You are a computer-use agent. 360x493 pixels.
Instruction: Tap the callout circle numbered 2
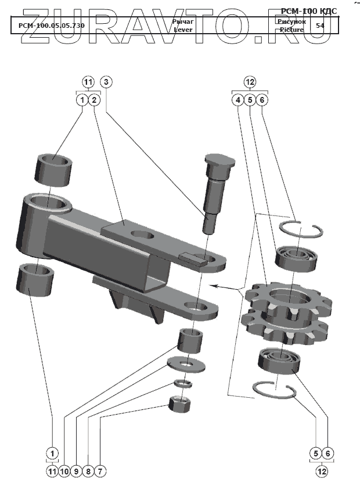pos(95,100)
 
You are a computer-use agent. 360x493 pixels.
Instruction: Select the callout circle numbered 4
pos(237,100)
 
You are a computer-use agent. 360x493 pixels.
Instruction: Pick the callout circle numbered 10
pos(64,472)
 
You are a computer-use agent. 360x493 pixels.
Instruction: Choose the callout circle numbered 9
pos(76,472)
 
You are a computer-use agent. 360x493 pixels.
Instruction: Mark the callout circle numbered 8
pos(88,472)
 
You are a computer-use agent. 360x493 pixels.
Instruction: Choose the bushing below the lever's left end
pos(36,279)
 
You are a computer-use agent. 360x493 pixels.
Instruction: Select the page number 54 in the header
pos(320,26)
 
